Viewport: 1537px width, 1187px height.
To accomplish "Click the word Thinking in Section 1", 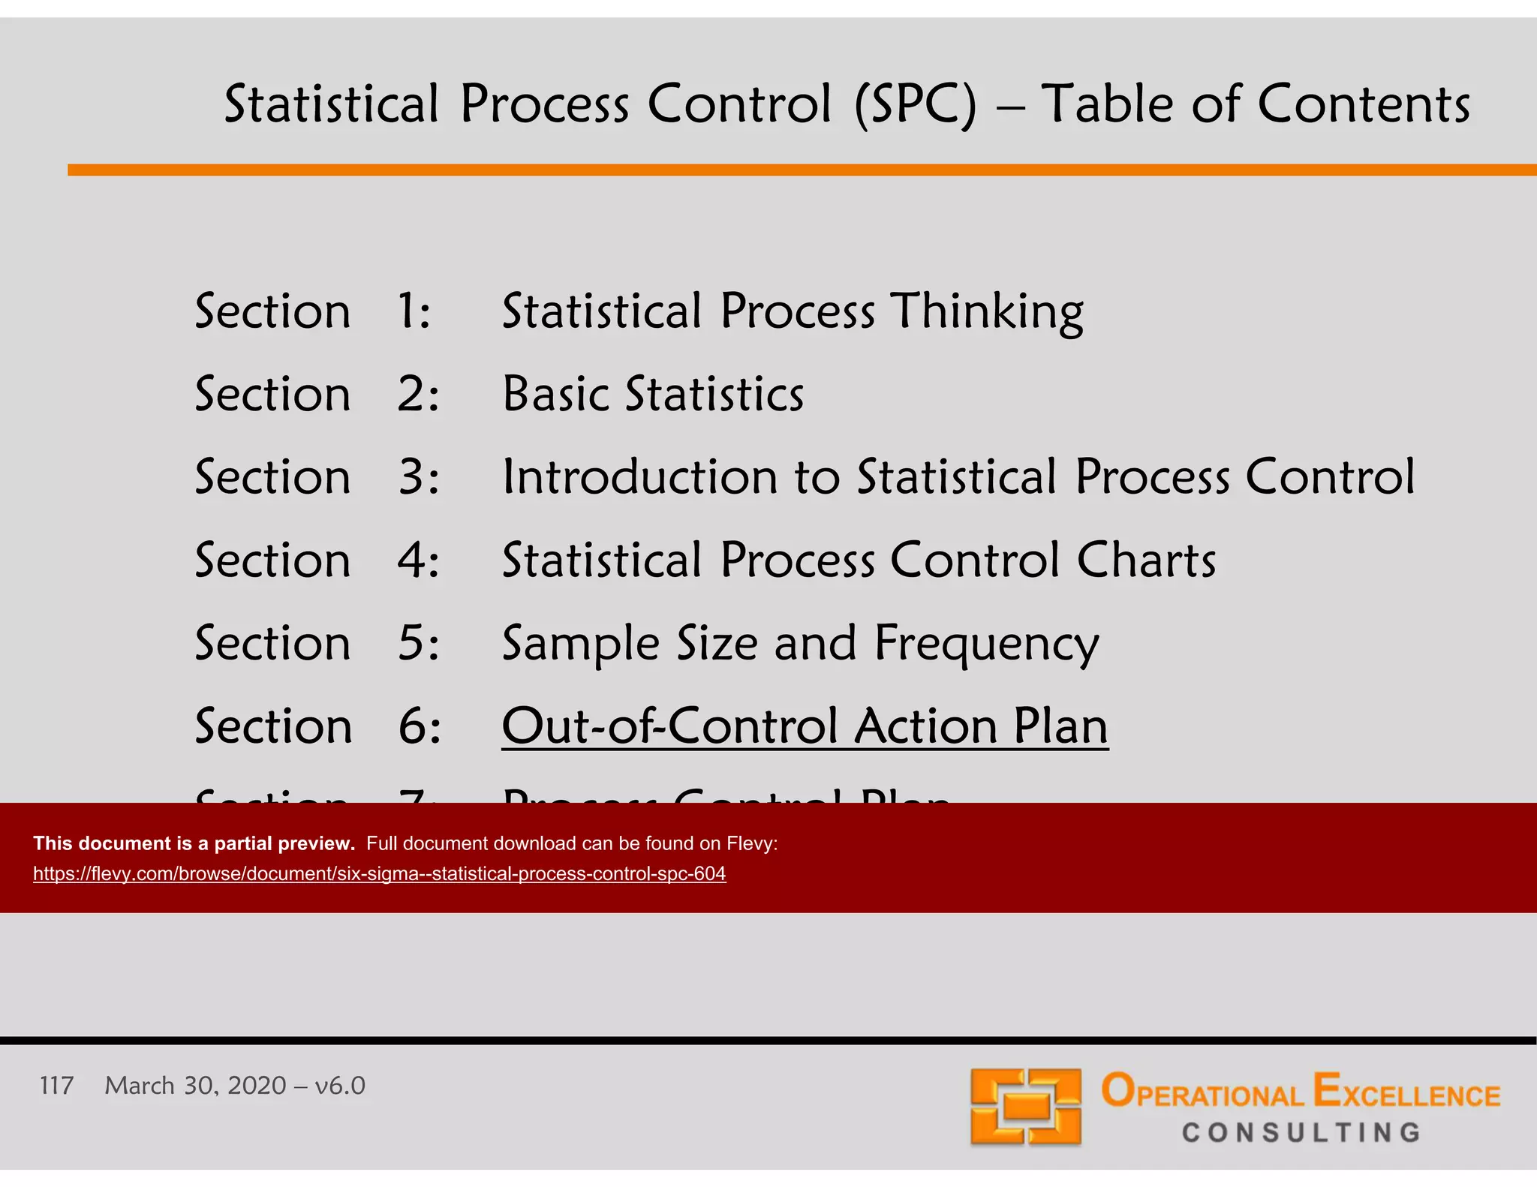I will pyautogui.click(x=988, y=311).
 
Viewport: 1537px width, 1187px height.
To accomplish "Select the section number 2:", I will pyautogui.click(x=417, y=394).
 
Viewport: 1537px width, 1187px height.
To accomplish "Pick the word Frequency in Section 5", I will pyautogui.click(x=987, y=644).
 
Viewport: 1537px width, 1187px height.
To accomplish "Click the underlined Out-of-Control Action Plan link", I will pyautogui.click(x=805, y=726).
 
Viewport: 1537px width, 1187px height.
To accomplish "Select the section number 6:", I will pyautogui.click(x=419, y=726).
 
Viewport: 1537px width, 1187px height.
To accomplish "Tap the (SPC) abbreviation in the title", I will pyautogui.click(x=916, y=104).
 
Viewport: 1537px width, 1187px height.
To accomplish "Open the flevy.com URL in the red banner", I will pyautogui.click(x=379, y=874).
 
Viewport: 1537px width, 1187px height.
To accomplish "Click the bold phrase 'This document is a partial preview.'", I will pyautogui.click(x=194, y=843).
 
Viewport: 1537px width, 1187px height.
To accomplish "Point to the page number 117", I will pyautogui.click(x=56, y=1086).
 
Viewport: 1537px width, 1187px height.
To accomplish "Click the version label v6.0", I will pyautogui.click(x=340, y=1086).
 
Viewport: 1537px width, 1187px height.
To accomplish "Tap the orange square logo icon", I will pyautogui.click(x=1025, y=1107).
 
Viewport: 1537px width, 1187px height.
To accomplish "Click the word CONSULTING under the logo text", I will pyautogui.click(x=1301, y=1132).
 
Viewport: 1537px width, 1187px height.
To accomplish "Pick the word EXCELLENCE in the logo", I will pyautogui.click(x=1406, y=1092).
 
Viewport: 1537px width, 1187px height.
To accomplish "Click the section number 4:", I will pyautogui.click(x=417, y=560).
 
